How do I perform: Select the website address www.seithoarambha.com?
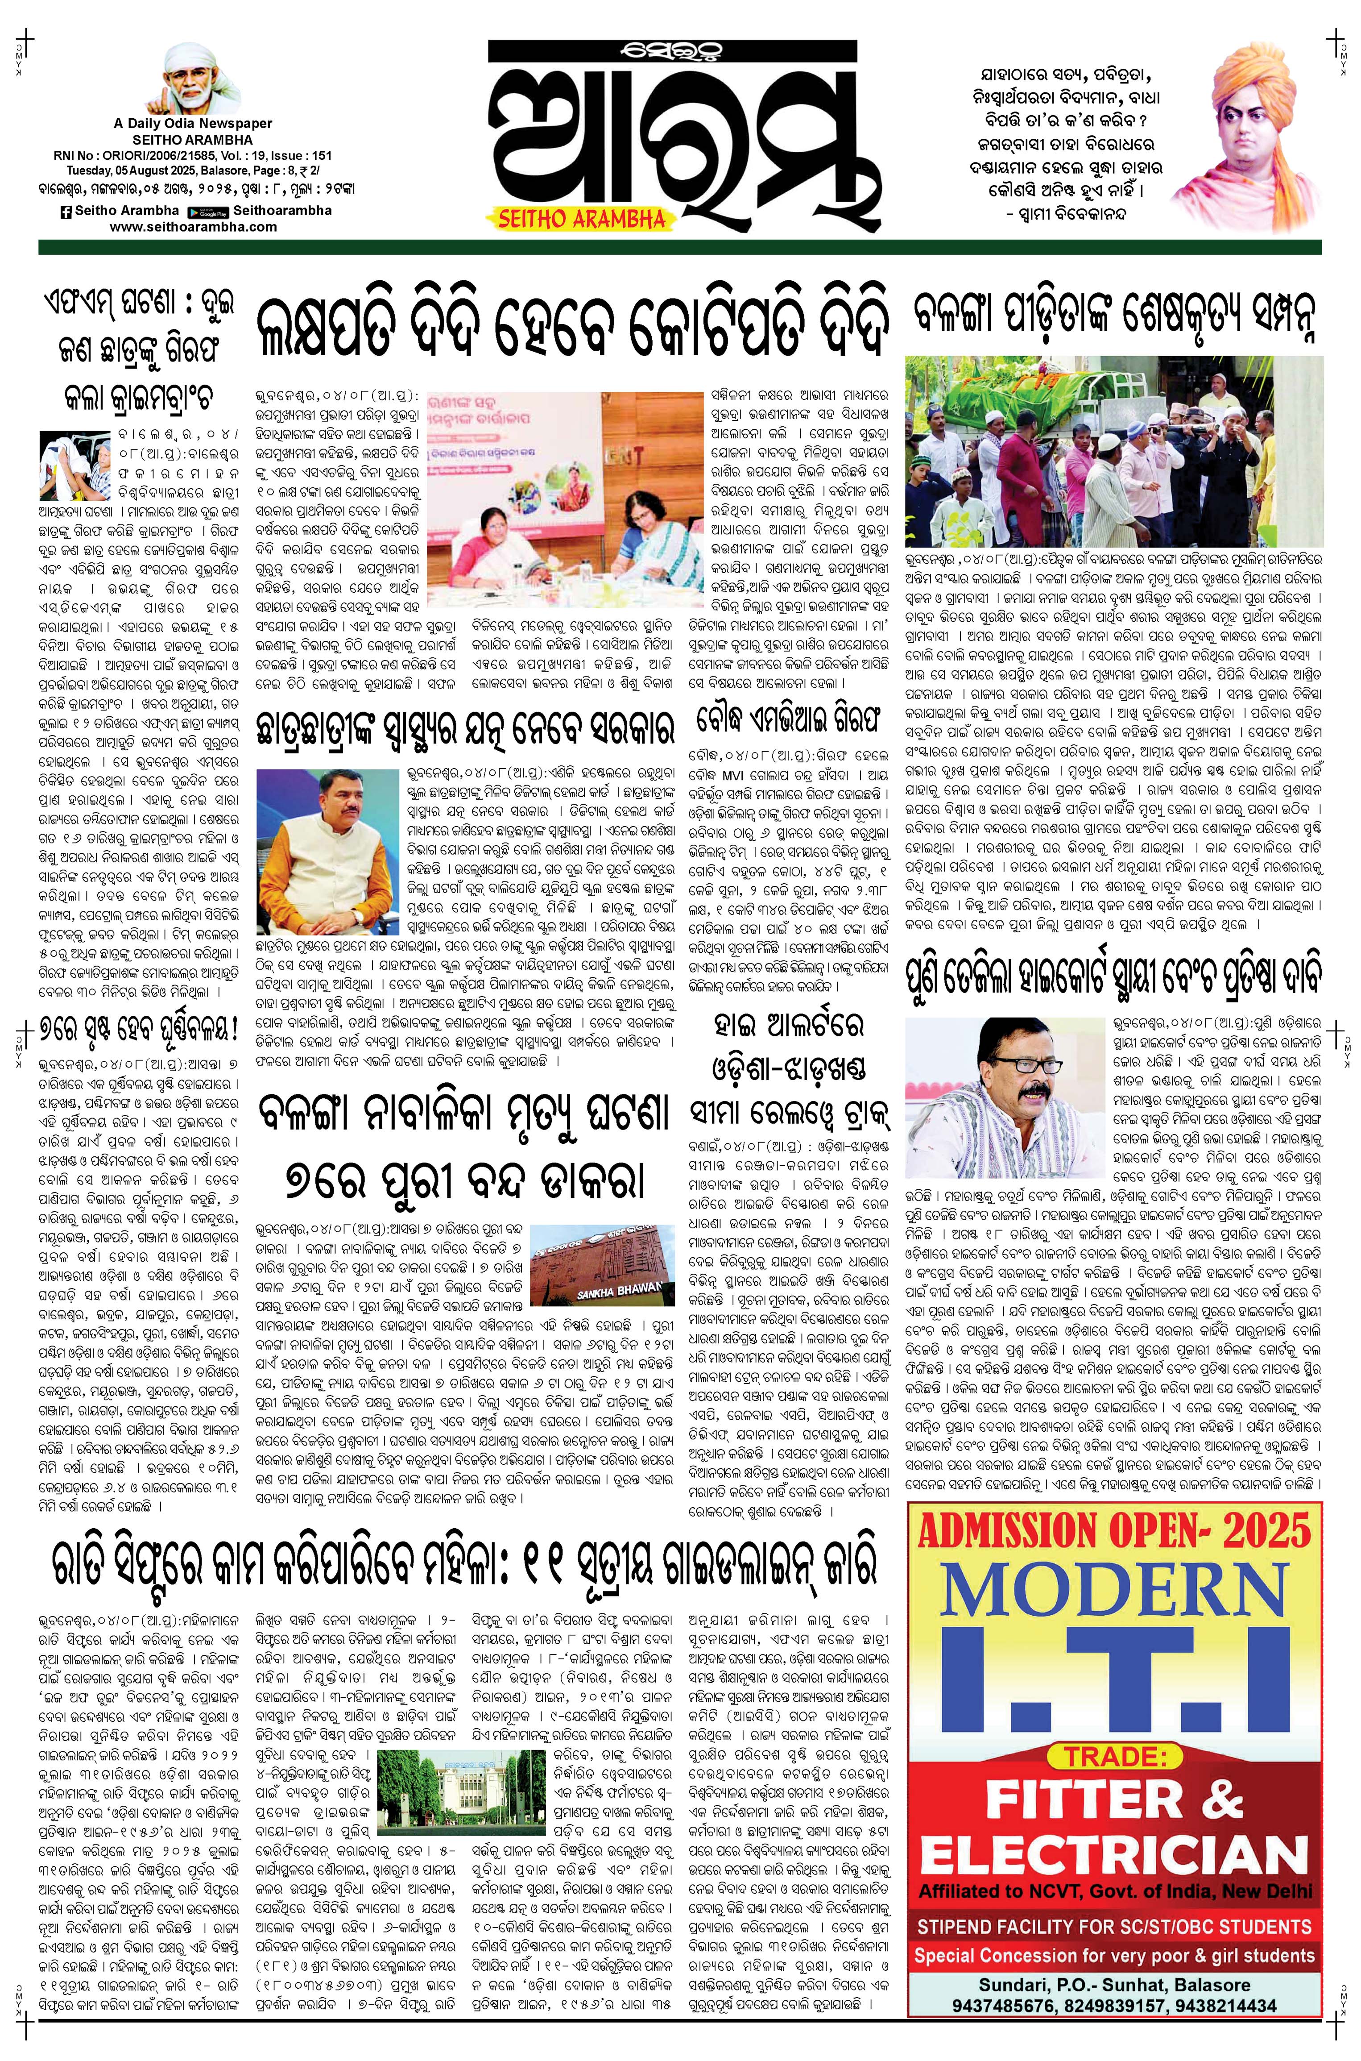coord(194,227)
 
